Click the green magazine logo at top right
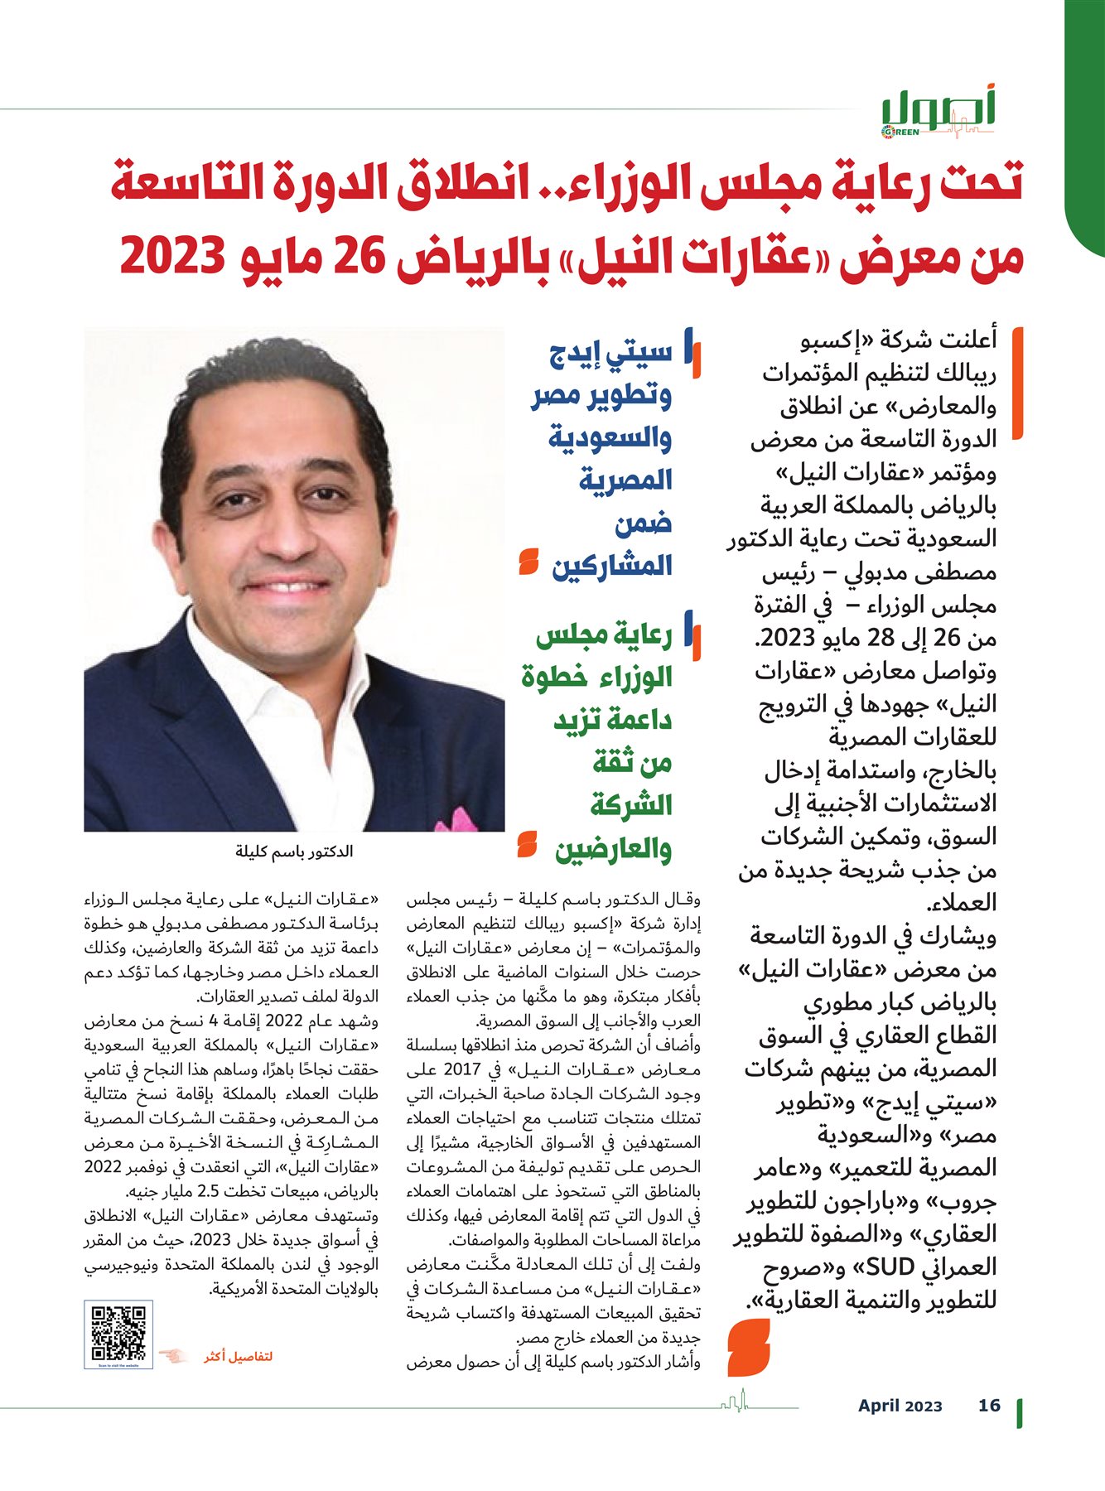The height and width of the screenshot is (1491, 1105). point(937,113)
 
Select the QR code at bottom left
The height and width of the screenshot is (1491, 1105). point(118,1334)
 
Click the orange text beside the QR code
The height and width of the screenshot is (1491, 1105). point(239,1357)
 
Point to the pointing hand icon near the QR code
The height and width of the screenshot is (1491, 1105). point(174,1356)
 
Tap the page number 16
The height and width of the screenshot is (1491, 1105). point(989,1406)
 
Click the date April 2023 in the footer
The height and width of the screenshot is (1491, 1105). point(900,1406)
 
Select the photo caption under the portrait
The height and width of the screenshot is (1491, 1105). point(294,852)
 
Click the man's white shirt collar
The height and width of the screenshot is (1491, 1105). point(249,663)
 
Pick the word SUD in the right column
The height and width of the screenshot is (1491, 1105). point(890,1267)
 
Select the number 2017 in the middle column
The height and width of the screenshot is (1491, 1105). point(462,1070)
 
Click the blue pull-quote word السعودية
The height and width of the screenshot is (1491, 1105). point(610,437)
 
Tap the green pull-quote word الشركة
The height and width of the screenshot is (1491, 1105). point(630,805)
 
